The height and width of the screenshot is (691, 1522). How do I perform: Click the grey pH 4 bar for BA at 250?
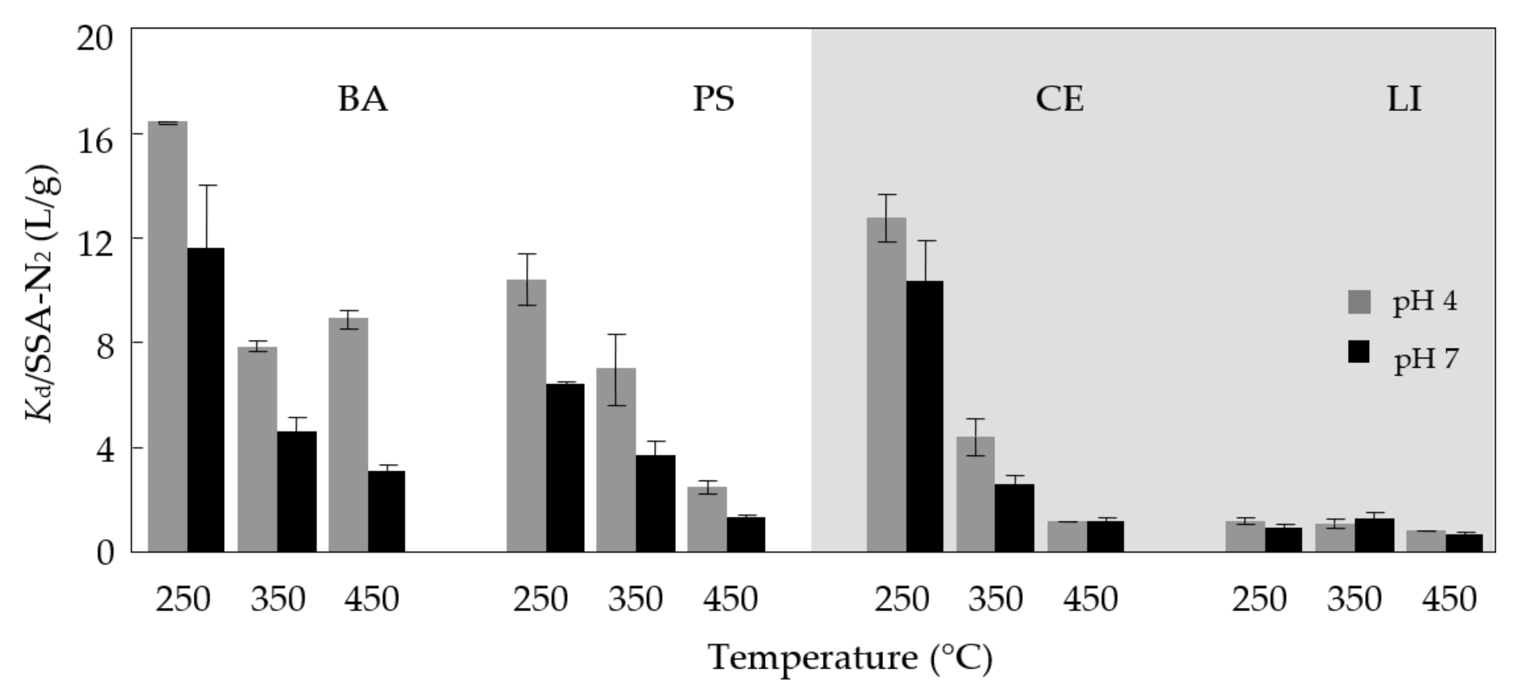pos(167,337)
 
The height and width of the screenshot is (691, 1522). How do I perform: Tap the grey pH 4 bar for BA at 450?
pos(348,435)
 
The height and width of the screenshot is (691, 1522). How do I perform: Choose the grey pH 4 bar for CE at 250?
pos(886,385)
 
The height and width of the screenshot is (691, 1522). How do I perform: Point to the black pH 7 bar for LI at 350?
pos(1374,535)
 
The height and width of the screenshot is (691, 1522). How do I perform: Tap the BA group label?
pos(363,99)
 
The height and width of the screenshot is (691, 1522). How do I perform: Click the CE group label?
pos(1059,99)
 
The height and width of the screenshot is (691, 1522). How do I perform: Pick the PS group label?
pos(714,99)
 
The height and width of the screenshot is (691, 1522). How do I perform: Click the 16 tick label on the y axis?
pos(95,142)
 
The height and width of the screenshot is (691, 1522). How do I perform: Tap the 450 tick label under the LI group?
pos(1449,600)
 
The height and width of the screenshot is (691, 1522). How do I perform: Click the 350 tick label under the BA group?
pos(278,600)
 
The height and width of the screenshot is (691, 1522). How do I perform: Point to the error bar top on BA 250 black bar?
pos(207,185)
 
